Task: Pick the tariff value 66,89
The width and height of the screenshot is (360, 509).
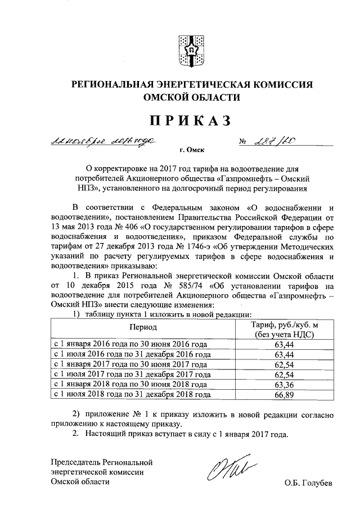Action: pyautogui.click(x=285, y=395)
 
